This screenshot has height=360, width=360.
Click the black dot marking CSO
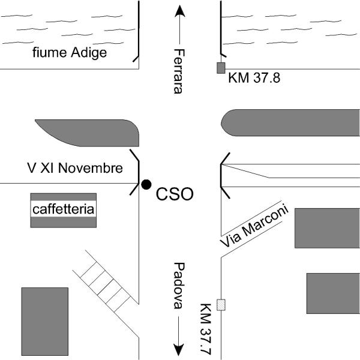click(x=146, y=184)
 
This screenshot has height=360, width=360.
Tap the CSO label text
click(x=175, y=194)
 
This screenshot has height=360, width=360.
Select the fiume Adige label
click(x=70, y=53)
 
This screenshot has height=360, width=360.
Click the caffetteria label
click(x=64, y=209)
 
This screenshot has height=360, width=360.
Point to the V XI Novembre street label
click(x=75, y=169)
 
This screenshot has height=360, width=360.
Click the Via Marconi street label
click(x=254, y=226)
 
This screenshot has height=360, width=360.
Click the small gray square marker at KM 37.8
click(x=221, y=67)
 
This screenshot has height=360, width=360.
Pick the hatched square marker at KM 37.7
click(x=221, y=304)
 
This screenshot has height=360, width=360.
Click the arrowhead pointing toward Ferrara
click(x=178, y=10)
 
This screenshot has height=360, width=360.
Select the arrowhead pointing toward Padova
click(x=178, y=349)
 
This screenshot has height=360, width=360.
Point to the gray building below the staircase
click(x=44, y=321)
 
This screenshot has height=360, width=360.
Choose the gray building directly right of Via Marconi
click(x=327, y=228)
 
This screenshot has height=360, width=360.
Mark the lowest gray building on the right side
click(x=333, y=293)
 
